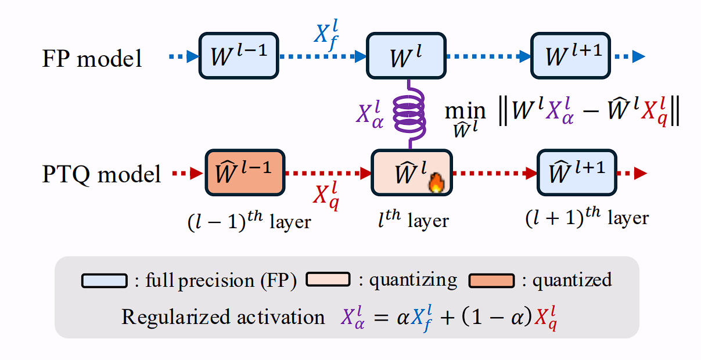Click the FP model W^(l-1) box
(x=239, y=56)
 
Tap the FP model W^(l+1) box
(x=571, y=56)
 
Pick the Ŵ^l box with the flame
(x=410, y=172)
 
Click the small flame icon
(x=435, y=184)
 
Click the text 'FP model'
(x=92, y=59)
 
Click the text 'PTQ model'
(x=101, y=174)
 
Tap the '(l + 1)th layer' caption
(x=587, y=218)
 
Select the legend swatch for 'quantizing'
(x=328, y=279)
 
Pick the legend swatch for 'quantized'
(x=491, y=280)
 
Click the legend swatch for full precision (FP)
(x=105, y=280)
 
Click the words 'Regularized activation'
(x=223, y=317)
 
